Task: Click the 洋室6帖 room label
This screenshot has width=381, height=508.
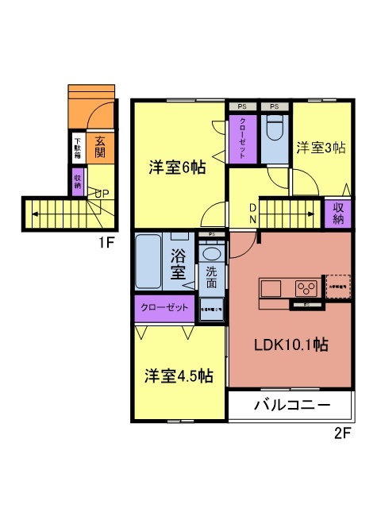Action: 178,167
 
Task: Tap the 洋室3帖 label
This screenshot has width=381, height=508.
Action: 321,147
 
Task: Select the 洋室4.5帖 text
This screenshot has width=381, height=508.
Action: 178,375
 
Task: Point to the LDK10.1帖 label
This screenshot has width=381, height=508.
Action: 291,345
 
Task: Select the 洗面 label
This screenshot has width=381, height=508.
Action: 211,277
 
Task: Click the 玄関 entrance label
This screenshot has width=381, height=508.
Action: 100,147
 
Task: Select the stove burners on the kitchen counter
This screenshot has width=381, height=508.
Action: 306,287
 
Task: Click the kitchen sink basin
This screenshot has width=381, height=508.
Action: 267,287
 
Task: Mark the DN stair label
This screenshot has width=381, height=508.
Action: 252,214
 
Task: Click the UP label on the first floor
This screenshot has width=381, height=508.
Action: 102,193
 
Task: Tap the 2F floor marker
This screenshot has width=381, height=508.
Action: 342,433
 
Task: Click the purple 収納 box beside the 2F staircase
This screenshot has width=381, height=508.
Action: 337,212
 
